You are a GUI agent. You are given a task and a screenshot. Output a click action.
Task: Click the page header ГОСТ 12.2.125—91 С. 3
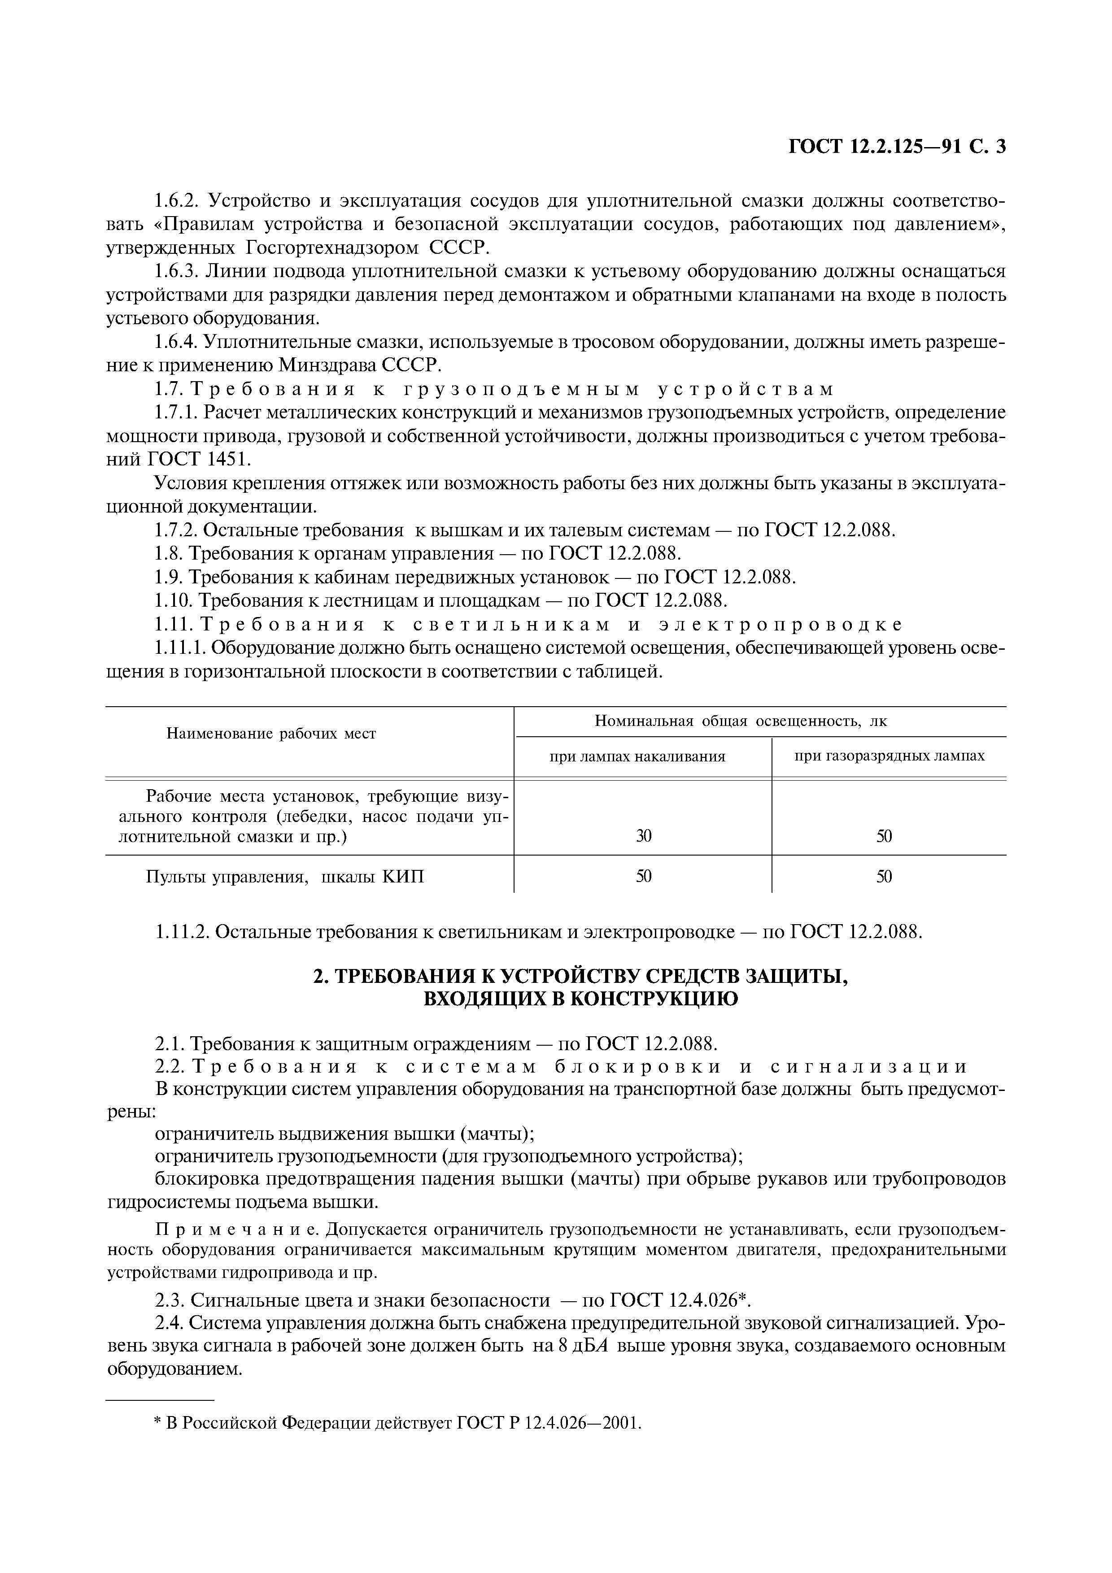tap(898, 166)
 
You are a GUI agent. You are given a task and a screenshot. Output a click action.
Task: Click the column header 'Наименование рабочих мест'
tap(271, 734)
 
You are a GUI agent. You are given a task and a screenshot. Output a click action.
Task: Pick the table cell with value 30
tap(643, 836)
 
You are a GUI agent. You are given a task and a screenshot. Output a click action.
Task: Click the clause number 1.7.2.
tap(176, 530)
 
